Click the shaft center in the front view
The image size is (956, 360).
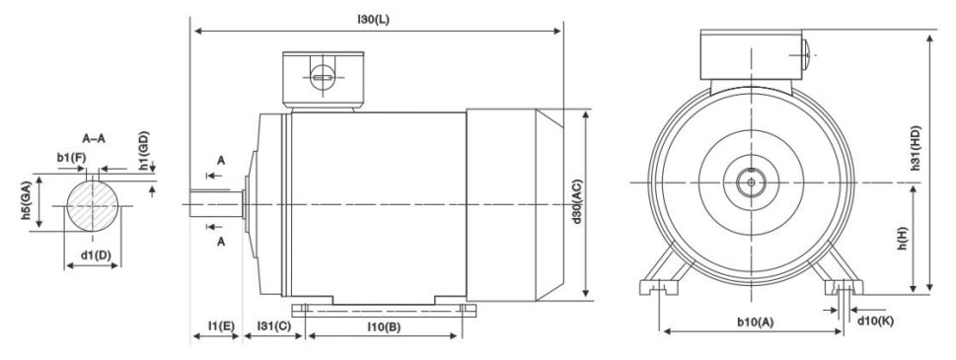point(752,181)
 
